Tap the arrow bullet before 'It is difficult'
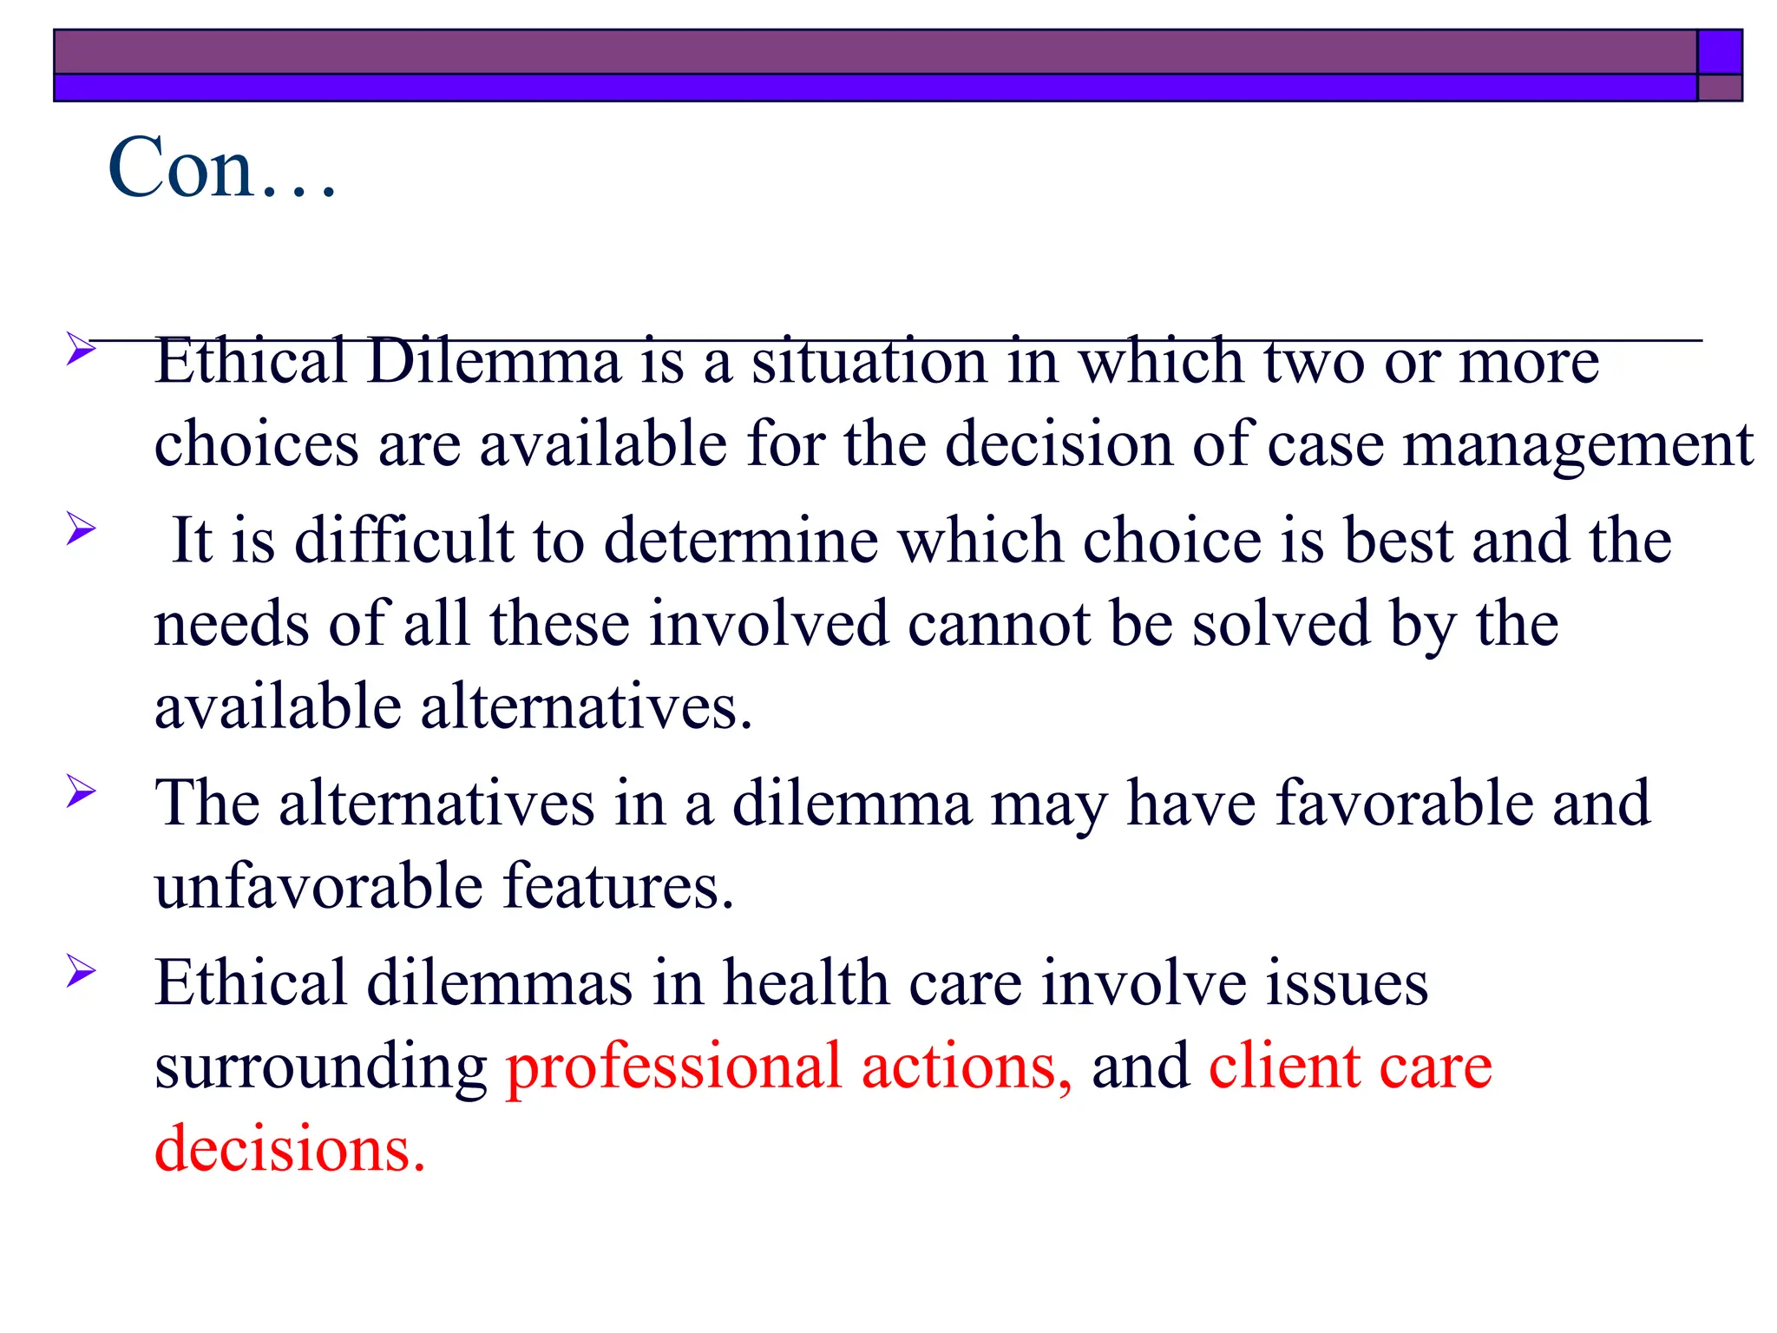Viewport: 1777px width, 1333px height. pos(81,528)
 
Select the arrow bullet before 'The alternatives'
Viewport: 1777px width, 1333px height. pos(81,791)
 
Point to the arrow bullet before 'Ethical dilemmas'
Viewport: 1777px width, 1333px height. pos(81,970)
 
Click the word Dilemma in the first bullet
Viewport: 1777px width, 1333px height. pos(494,361)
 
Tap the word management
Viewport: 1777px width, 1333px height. pos(1578,444)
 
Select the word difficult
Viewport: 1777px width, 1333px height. pos(404,540)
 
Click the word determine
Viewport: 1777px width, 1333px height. pos(741,540)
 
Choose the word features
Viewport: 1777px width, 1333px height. pos(619,886)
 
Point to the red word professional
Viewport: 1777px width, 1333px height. pos(673,1067)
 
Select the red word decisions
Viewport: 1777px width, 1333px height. pos(290,1149)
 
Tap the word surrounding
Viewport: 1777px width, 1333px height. pos(320,1067)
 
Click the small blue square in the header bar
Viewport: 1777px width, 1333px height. pos(1719,51)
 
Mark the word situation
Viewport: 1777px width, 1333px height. pos(869,361)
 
